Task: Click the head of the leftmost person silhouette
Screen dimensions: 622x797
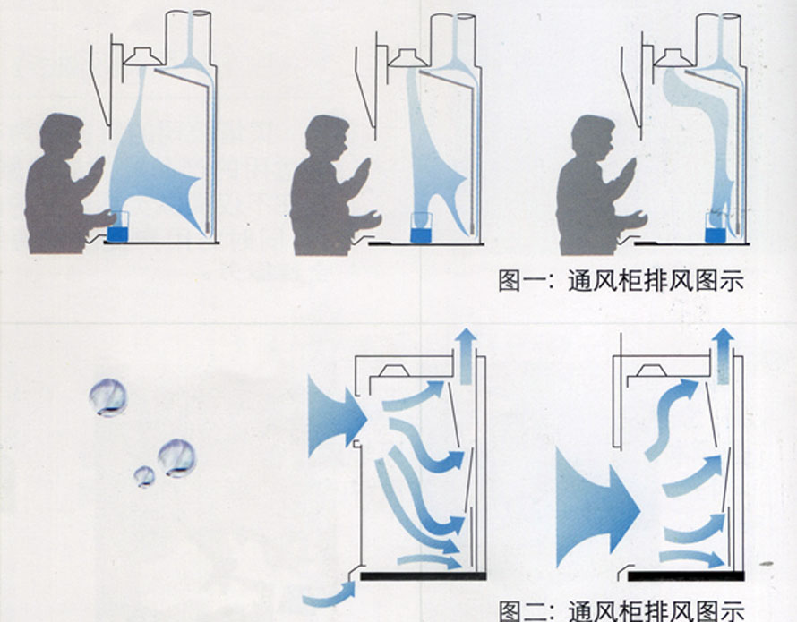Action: pyautogui.click(x=61, y=135)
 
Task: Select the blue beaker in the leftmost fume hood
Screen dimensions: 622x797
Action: pyautogui.click(x=117, y=227)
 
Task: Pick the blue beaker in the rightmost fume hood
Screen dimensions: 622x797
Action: pyautogui.click(x=714, y=231)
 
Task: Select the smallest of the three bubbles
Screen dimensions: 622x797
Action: pyautogui.click(x=144, y=476)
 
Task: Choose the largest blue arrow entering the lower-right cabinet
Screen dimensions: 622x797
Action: pyautogui.click(x=596, y=510)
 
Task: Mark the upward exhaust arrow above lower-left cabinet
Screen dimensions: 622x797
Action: pyautogui.click(x=466, y=345)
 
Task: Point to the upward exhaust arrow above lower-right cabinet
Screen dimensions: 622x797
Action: pyautogui.click(x=724, y=345)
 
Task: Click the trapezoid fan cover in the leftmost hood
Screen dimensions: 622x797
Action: pyautogui.click(x=141, y=57)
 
